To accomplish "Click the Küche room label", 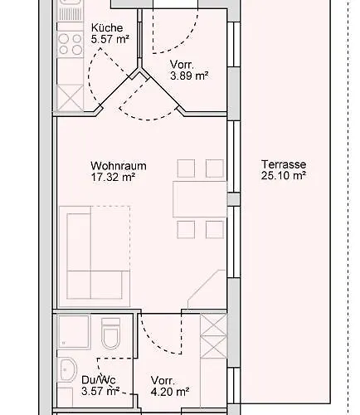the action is click(x=107, y=28).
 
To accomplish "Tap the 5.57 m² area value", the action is click(x=110, y=39).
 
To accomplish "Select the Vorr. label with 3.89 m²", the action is click(x=182, y=65).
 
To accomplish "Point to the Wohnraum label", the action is click(x=119, y=166).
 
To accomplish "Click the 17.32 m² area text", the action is click(x=113, y=177).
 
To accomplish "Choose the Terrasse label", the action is click(x=284, y=164).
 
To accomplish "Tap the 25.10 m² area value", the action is click(x=284, y=175).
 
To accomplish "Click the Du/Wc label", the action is click(x=99, y=380).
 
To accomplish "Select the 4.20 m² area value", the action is click(x=170, y=392).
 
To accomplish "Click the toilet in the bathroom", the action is click(x=110, y=333).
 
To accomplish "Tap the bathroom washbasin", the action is click(x=67, y=370).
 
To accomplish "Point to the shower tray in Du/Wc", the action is click(x=74, y=332).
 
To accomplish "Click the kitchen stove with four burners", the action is click(x=70, y=44).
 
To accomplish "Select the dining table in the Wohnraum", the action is click(x=200, y=199).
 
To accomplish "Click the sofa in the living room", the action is click(x=95, y=256).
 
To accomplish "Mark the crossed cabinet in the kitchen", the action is click(x=70, y=98).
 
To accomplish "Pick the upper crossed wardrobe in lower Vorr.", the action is click(x=213, y=325).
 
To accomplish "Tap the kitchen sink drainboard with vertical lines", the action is click(x=70, y=14).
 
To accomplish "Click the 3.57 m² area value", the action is click(x=100, y=391).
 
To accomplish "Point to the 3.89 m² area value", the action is click(x=189, y=76).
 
